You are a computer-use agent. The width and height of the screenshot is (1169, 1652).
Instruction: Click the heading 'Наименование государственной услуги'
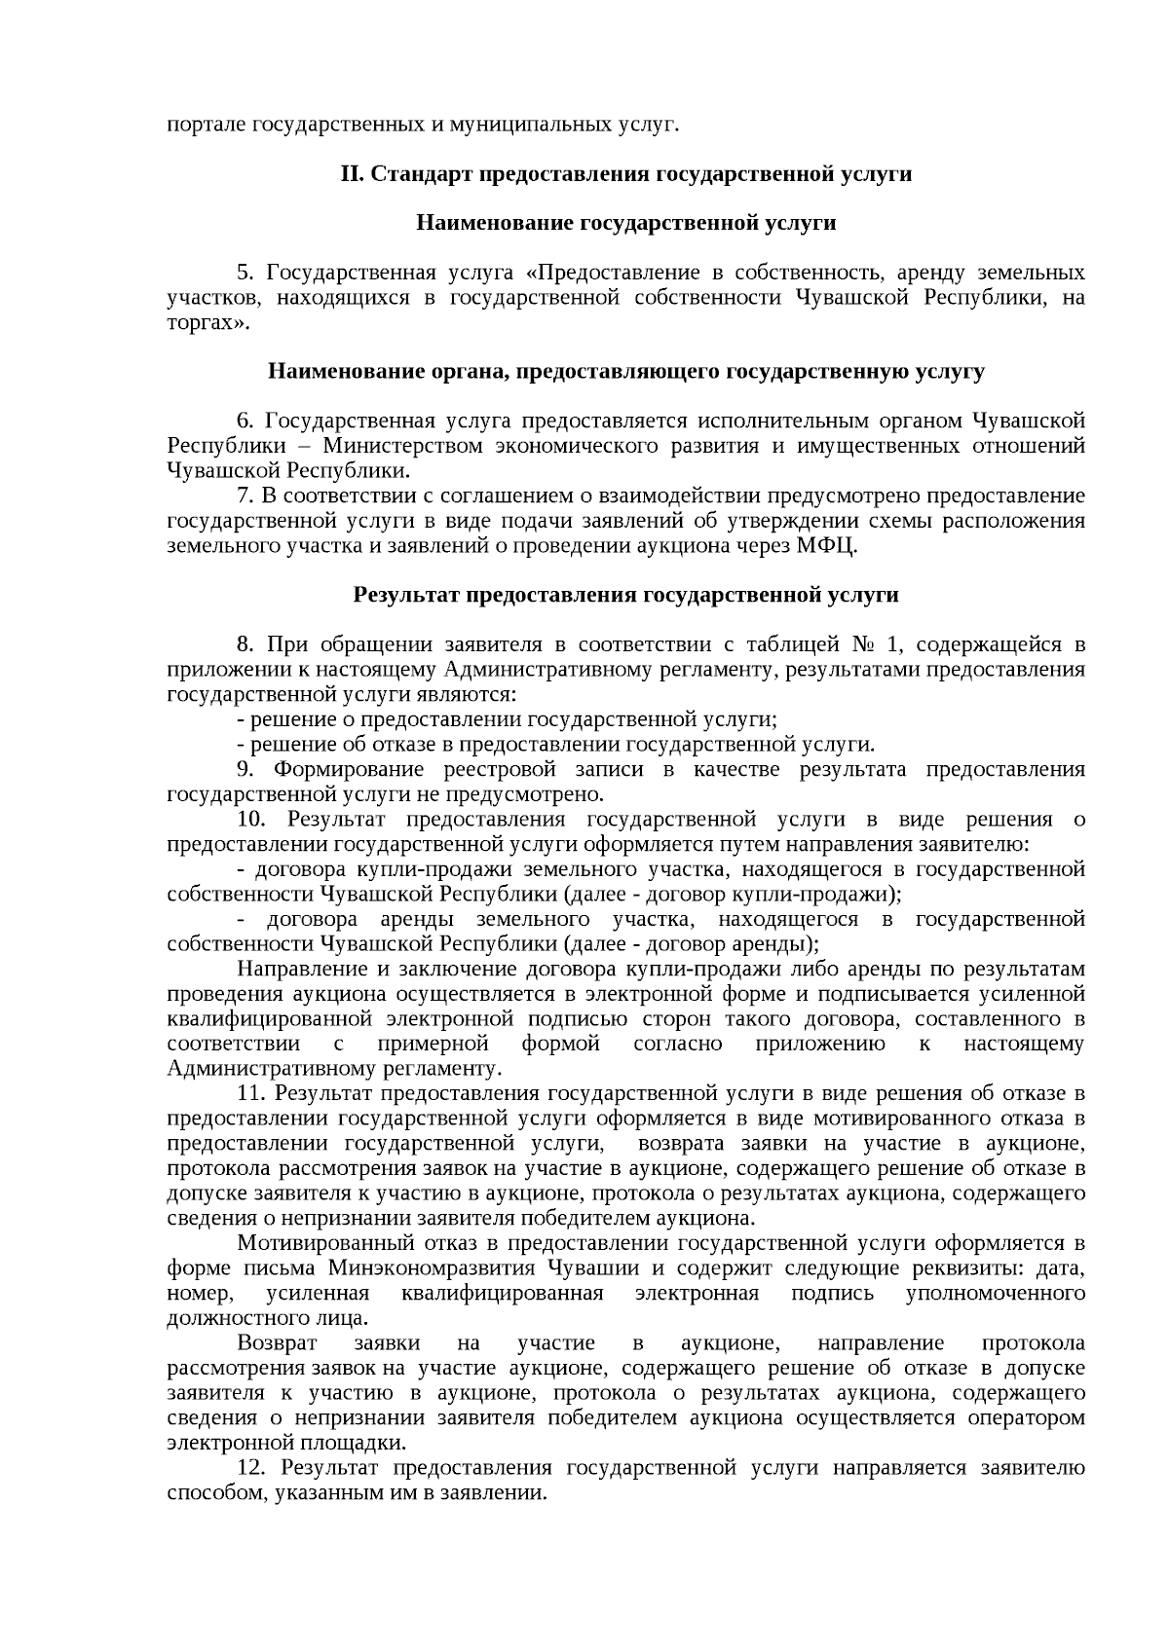625,224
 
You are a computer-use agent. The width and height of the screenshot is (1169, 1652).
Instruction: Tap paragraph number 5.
244,273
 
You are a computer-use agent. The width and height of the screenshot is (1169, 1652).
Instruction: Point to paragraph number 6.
244,422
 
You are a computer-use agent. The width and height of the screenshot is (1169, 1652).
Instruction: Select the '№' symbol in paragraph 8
865,645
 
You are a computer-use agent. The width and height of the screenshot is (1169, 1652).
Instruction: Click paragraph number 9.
244,770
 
